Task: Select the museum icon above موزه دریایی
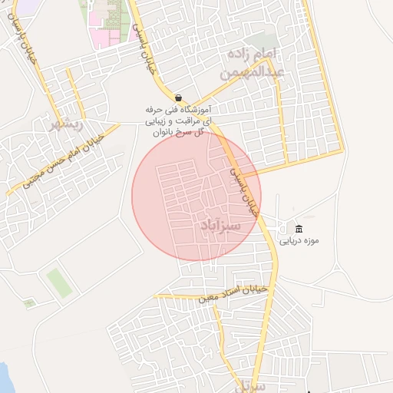(299, 229)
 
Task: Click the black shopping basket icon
(179, 98)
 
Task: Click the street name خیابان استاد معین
(233, 292)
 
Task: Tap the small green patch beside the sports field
(29, 303)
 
